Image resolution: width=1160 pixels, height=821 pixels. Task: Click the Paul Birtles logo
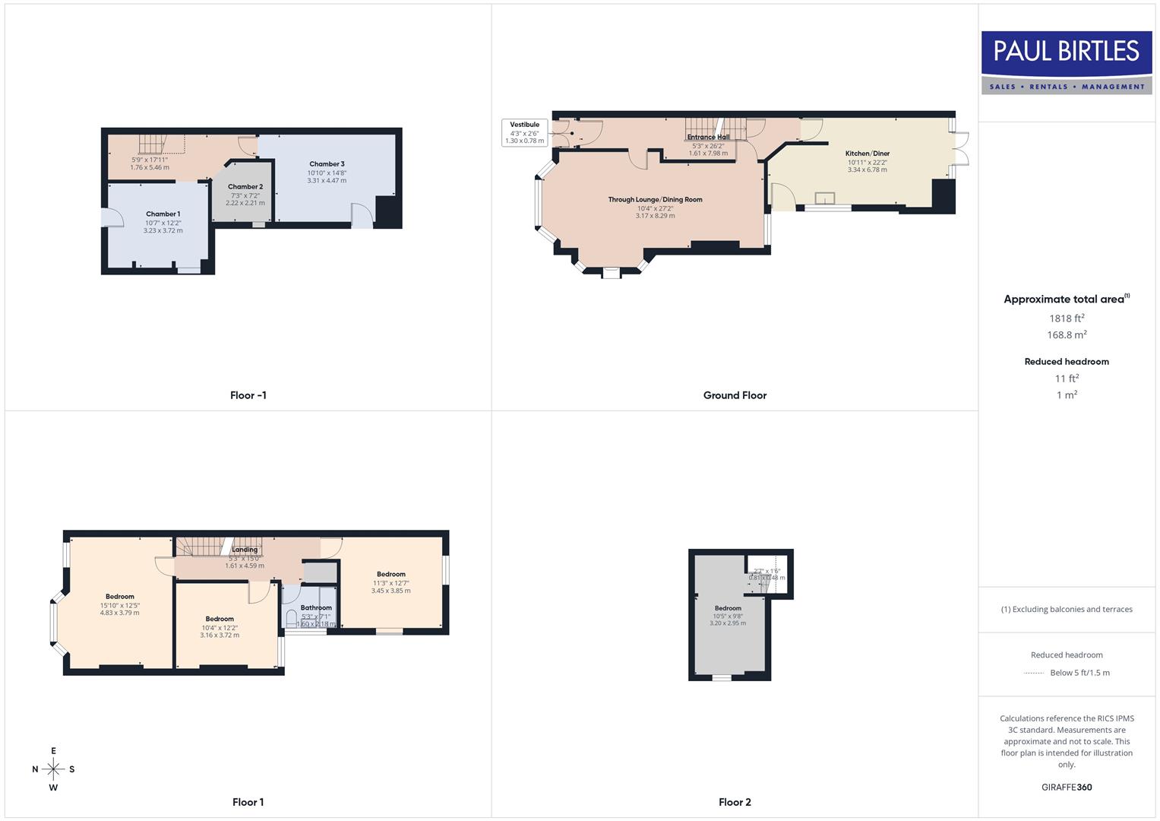[x=1066, y=62]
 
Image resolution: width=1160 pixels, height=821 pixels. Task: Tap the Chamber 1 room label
[x=163, y=214]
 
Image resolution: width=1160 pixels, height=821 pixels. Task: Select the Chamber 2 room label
[x=245, y=187]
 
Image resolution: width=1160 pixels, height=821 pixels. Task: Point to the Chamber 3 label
[x=327, y=164]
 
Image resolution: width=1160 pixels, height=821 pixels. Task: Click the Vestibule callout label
[x=524, y=125]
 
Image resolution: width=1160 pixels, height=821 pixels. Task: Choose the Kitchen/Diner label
[x=868, y=154]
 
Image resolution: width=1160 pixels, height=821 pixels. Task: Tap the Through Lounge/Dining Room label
[x=655, y=200]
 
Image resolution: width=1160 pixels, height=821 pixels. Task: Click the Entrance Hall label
[x=708, y=138]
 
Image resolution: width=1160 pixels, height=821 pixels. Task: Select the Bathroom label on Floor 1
[x=316, y=608]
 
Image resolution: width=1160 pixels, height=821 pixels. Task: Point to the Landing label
[x=245, y=550]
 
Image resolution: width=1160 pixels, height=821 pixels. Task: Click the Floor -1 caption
[x=248, y=395]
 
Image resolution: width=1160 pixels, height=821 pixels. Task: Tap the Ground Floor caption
[x=735, y=395]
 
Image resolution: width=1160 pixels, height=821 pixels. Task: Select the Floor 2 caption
[x=735, y=802]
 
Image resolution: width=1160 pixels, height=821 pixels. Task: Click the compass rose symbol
[x=53, y=769]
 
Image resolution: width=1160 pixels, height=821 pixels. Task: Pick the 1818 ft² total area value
[x=1067, y=319]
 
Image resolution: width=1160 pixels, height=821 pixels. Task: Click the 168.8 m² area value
[x=1067, y=335]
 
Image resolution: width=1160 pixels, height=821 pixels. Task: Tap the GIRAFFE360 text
[x=1067, y=788]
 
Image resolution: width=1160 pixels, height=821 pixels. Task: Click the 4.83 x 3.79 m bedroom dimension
[x=120, y=613]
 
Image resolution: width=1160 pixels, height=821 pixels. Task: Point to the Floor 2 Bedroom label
[x=728, y=608]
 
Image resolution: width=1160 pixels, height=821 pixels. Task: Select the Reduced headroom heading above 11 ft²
[x=1067, y=362]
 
